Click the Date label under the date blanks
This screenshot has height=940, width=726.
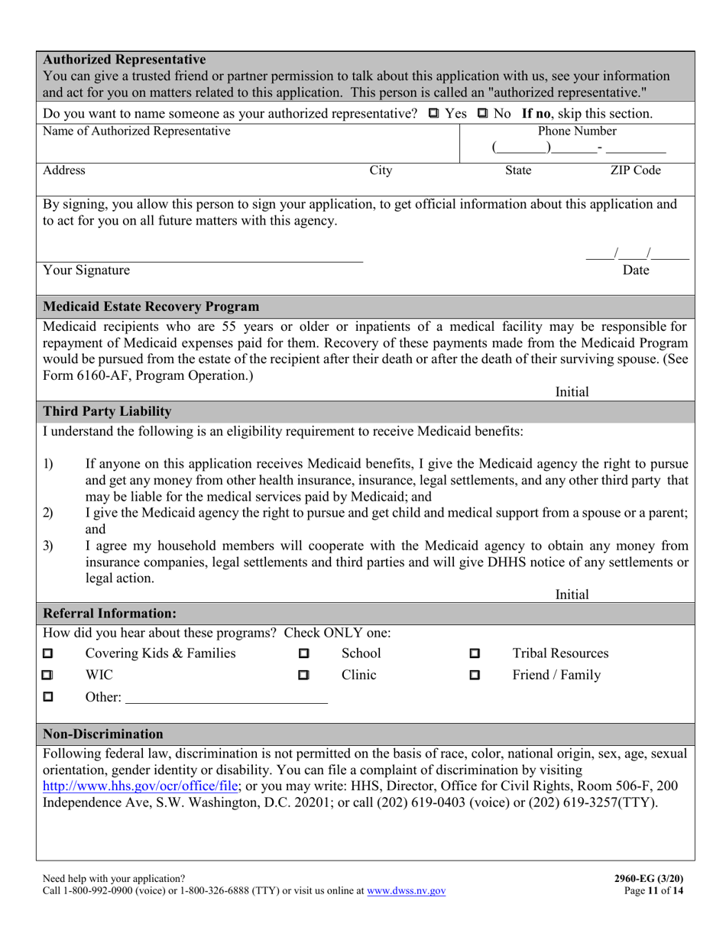click(x=637, y=270)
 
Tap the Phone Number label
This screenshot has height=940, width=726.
click(x=577, y=131)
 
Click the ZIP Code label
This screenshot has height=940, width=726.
click(x=634, y=170)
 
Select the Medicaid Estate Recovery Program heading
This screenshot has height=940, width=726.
click(x=151, y=306)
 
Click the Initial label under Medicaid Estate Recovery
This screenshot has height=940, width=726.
click(x=572, y=391)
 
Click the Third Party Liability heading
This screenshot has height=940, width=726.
click(x=107, y=411)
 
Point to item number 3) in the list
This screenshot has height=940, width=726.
click(x=48, y=545)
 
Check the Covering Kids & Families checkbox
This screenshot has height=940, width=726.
click(x=48, y=654)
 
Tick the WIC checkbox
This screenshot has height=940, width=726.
click(x=48, y=676)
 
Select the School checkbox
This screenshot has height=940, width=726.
click(x=303, y=654)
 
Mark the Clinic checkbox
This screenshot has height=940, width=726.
click(x=303, y=676)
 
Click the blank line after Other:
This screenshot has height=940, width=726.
click(x=226, y=697)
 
